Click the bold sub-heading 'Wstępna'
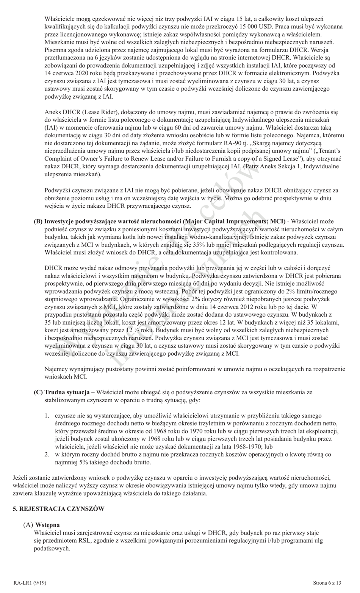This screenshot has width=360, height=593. pos(47,525)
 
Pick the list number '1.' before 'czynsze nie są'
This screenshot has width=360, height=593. pos(47,416)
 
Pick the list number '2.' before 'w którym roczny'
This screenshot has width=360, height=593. pos(47,454)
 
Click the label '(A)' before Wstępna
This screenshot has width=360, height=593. pos(28,525)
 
